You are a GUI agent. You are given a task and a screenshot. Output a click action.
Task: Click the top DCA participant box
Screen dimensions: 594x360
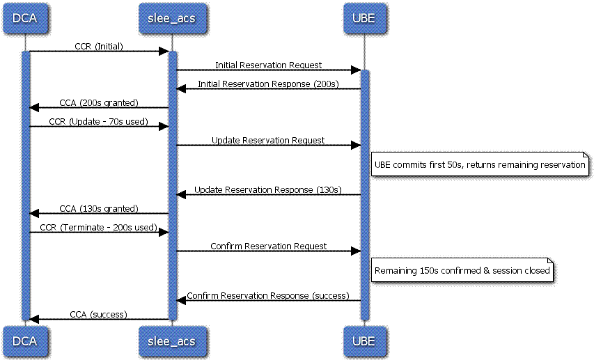pos(25,18)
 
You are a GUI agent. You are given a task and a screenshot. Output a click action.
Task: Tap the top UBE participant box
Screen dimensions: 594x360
pos(364,18)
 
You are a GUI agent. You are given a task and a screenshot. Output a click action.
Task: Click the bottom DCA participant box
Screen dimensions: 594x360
pos(25,341)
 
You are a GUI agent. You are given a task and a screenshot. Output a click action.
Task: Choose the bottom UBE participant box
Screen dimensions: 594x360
pos(364,341)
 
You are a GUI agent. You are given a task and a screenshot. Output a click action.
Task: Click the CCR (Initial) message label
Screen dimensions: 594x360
pos(99,46)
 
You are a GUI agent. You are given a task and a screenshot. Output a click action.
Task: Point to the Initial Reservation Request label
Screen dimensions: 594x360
pos(268,65)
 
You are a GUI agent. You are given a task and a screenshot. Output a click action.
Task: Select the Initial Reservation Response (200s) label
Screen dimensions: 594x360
pos(268,84)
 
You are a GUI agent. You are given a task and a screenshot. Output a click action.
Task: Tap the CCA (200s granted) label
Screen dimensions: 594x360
pos(99,102)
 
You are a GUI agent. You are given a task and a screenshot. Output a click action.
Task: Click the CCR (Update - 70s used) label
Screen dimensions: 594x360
pos(98,122)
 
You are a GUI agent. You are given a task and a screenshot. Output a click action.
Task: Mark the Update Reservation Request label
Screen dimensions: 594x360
pos(268,140)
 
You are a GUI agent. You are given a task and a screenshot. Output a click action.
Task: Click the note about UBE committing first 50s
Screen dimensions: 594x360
pos(480,164)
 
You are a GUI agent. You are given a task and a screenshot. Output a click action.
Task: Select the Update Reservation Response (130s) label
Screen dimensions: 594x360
pos(268,189)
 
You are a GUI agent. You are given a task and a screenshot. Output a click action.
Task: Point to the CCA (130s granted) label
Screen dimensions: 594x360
pos(99,208)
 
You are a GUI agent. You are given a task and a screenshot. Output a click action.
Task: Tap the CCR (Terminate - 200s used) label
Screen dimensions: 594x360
pos(98,228)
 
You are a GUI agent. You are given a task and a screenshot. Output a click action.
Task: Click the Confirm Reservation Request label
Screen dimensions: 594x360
pos(268,246)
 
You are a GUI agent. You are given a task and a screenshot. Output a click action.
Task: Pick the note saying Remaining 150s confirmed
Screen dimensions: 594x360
pos(462,269)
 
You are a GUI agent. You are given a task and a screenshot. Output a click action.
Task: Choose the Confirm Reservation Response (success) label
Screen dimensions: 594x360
pos(268,295)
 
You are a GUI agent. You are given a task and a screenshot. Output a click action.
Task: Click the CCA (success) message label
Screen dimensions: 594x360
pos(98,315)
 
